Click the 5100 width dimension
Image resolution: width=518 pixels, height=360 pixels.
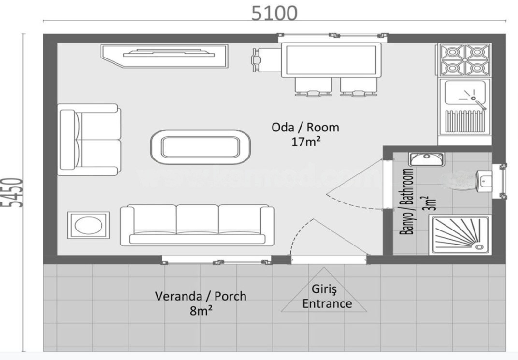pos(274,13)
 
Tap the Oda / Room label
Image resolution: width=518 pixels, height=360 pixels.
pos(305,128)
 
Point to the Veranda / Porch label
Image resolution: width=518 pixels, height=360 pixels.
pos(200,296)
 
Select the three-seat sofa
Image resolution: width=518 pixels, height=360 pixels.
pos(197,225)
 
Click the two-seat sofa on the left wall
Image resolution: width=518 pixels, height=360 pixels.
pos(89,140)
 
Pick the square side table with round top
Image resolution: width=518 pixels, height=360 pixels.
pos(87,226)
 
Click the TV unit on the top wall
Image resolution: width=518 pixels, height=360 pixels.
pos(164,56)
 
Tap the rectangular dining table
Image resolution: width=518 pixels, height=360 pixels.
pos(329,60)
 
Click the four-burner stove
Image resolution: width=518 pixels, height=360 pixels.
pos(464,59)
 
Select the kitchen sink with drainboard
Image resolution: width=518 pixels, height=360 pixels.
pos(464,106)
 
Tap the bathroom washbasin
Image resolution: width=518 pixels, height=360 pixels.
pos(426,159)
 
